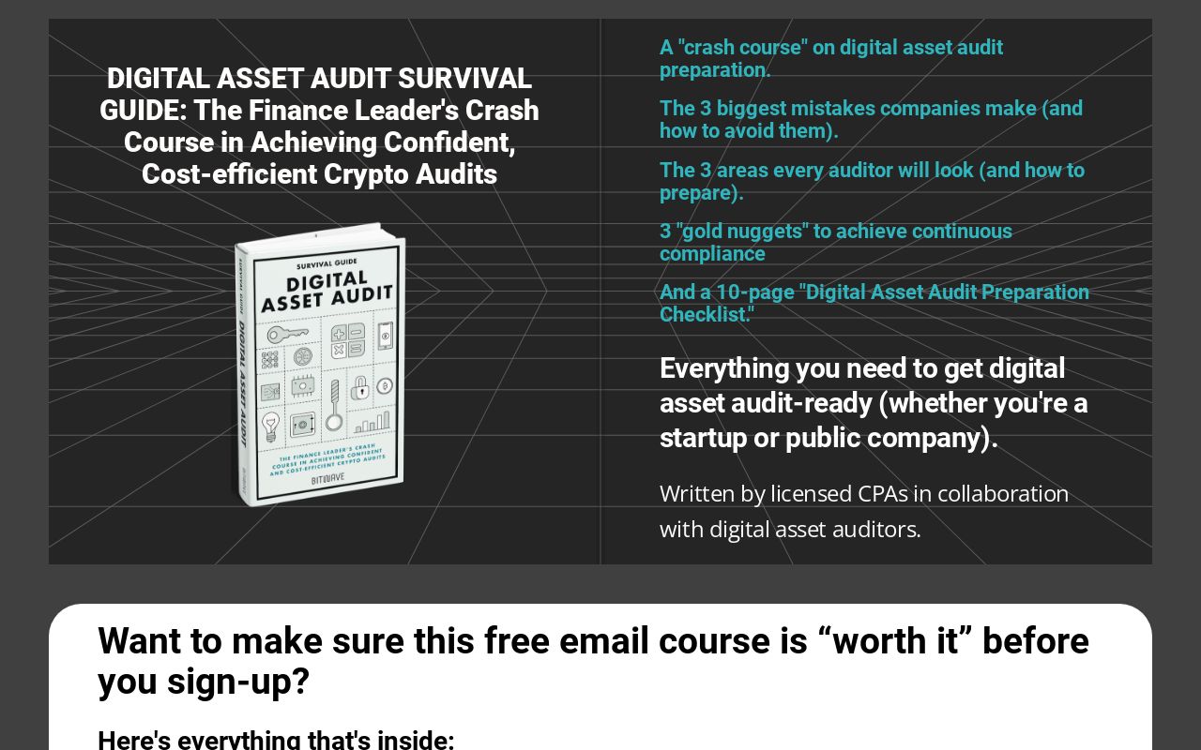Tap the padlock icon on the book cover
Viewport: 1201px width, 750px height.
[359, 386]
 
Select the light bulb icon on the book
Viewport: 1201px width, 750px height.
[270, 427]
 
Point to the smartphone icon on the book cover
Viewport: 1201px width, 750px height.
[385, 335]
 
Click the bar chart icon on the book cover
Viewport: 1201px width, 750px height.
[372, 422]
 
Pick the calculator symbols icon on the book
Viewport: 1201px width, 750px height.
[347, 340]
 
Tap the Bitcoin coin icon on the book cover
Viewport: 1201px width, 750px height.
[384, 385]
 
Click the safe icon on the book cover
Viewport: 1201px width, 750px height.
[302, 424]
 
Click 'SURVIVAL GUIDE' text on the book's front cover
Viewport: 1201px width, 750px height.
[322, 263]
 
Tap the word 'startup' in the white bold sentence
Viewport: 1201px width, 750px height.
[704, 438]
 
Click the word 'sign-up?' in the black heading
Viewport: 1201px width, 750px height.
[238, 682]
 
